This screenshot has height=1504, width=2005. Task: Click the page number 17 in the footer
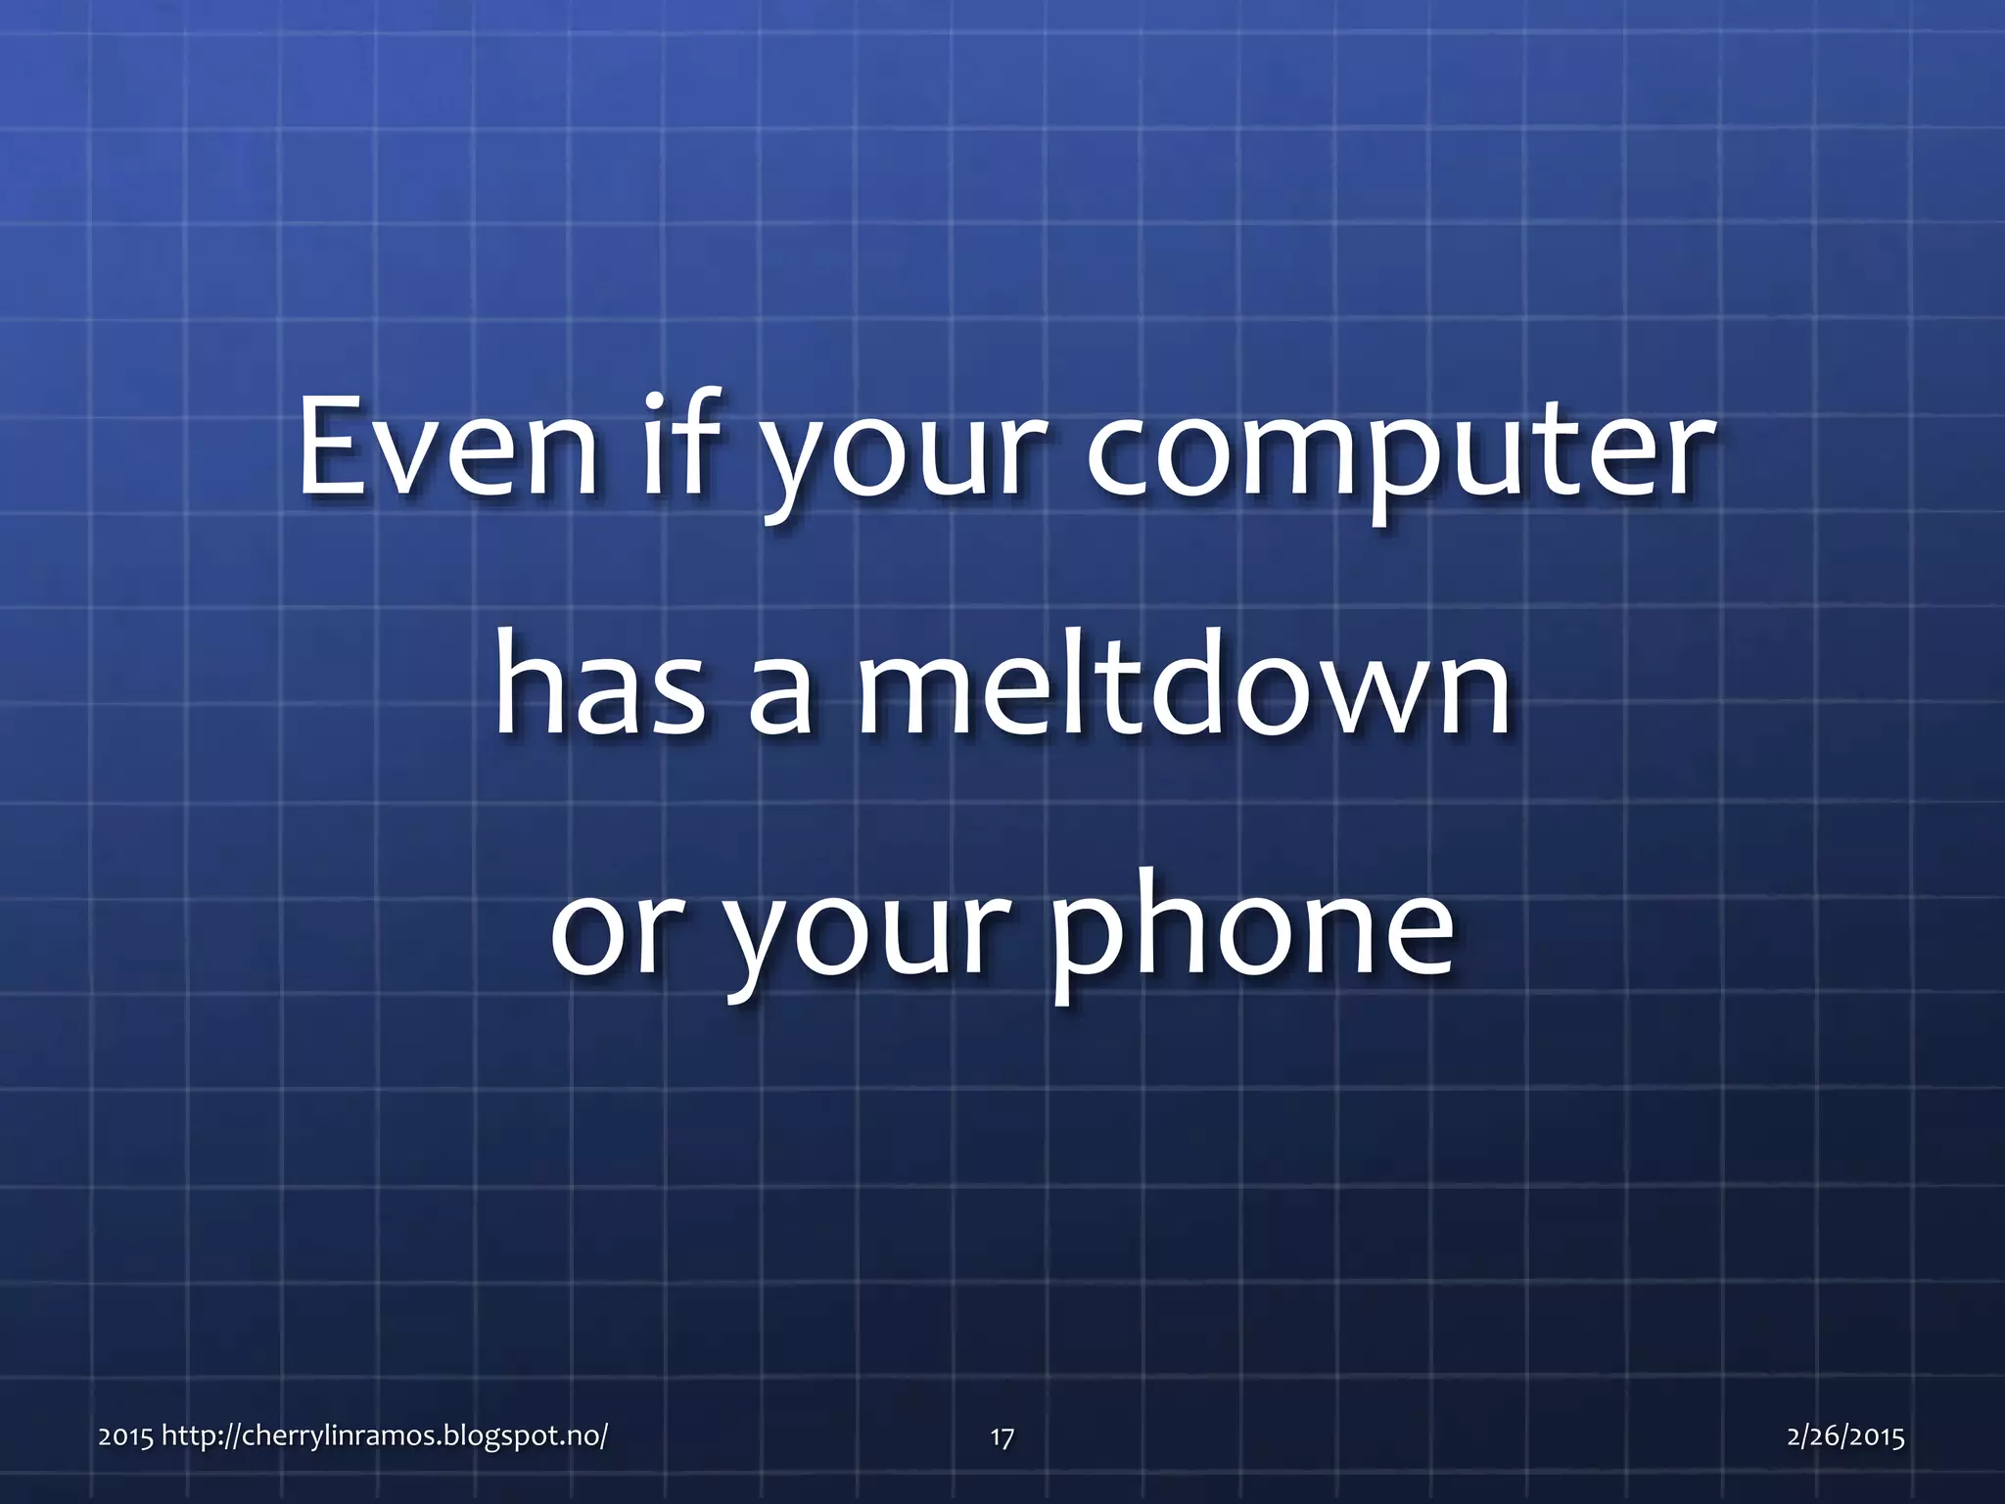click(1002, 1437)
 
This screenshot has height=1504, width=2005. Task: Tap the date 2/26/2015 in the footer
click(1845, 1436)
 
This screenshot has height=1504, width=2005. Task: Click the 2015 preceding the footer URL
click(125, 1436)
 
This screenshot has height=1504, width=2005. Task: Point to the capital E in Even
click(332, 445)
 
